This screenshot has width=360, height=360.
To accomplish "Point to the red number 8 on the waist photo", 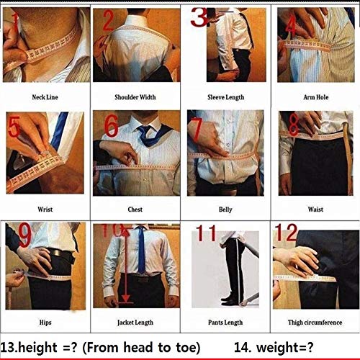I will coord(293,120).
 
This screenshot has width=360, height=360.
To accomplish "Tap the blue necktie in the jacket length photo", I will coord(141,252).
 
